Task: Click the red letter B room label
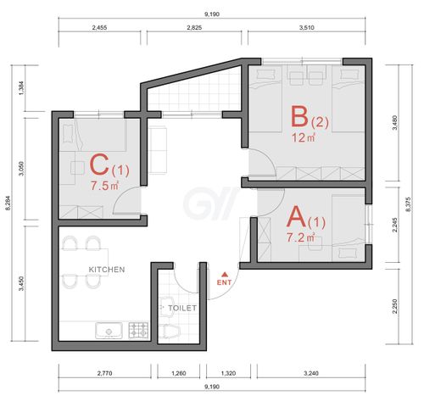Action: pos(299,116)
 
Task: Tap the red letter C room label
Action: pos(99,165)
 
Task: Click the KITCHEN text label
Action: pos(107,270)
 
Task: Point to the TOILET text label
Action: pos(182,308)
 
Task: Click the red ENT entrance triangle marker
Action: pos(225,274)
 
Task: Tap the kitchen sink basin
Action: pos(109,331)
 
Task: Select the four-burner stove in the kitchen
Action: pos(138,331)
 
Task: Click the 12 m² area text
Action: pos(304,138)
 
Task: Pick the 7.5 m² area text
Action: pos(104,186)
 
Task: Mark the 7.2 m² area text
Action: pos(300,237)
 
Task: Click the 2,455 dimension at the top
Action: pos(99,28)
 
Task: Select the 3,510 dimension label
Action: pos(307,28)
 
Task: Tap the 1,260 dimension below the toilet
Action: pos(179,373)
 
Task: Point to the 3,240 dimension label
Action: pos(311,373)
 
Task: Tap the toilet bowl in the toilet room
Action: pos(170,331)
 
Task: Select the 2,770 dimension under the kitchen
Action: pos(104,373)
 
